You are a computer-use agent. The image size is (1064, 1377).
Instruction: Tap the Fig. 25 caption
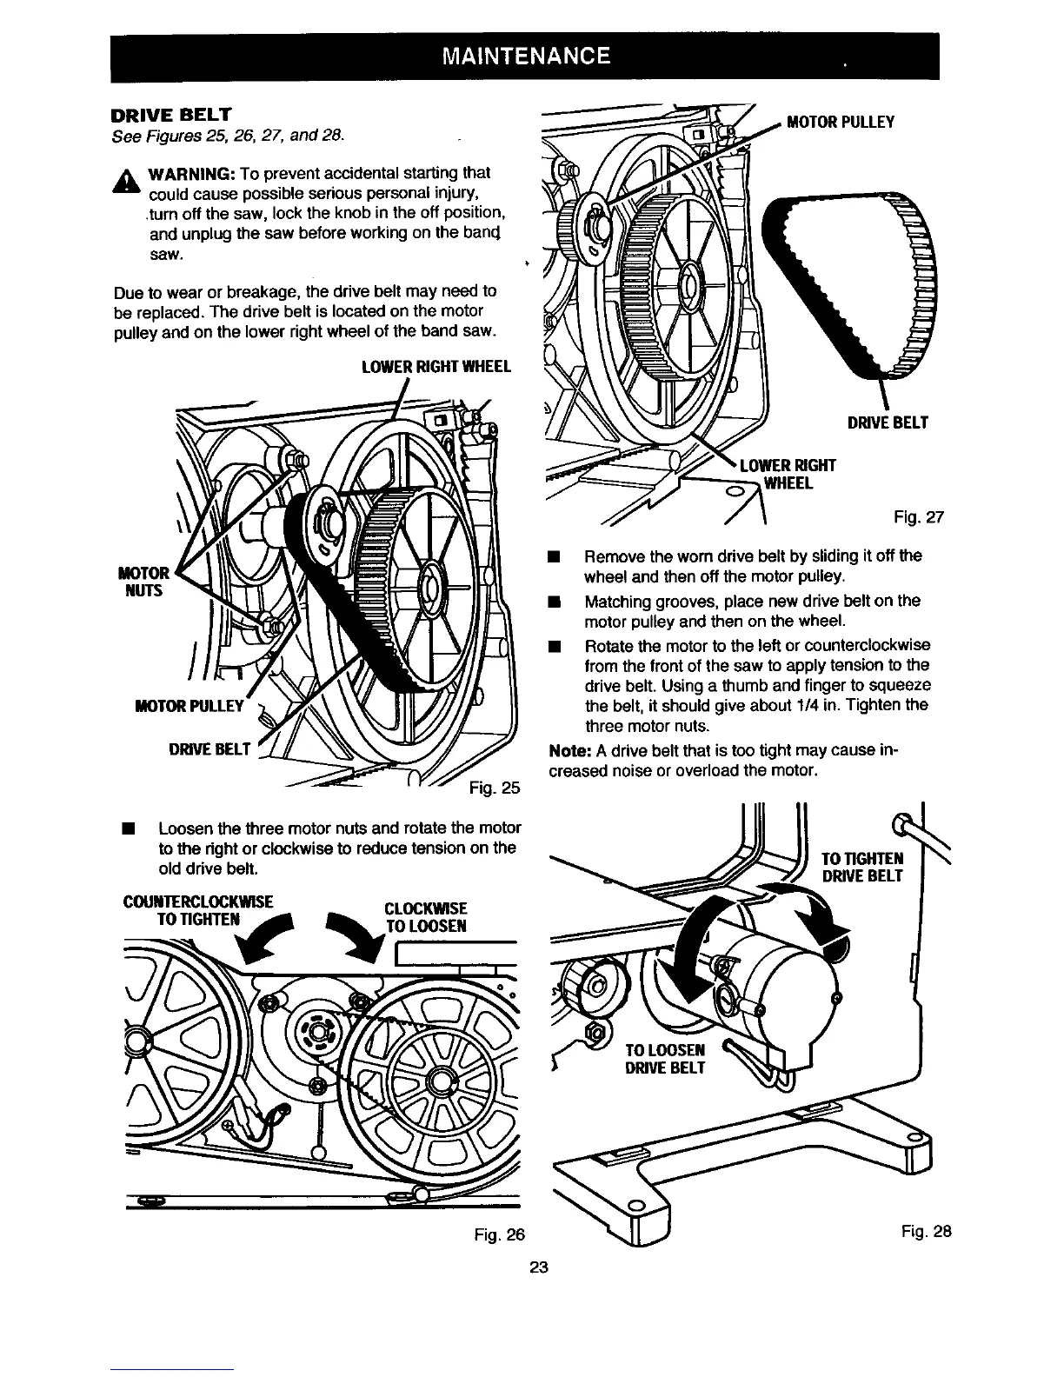(494, 788)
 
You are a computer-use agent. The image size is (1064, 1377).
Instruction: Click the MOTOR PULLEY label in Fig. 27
(840, 122)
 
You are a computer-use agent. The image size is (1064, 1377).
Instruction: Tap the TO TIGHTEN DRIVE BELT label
(863, 867)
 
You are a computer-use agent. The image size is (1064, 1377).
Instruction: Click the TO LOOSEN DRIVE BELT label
(666, 1057)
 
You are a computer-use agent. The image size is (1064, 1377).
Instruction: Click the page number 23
(538, 1267)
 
